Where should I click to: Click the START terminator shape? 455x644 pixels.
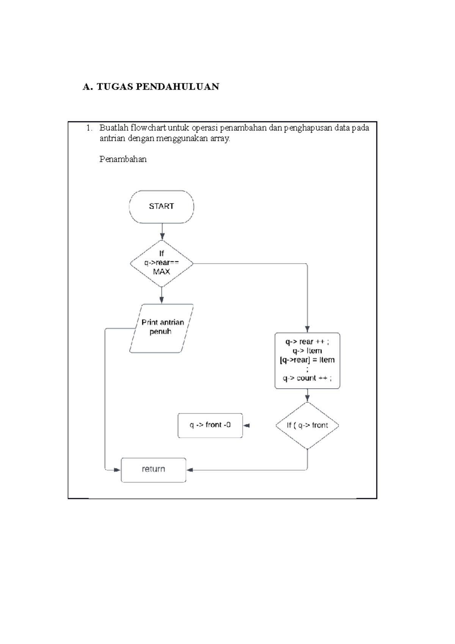pos(162,207)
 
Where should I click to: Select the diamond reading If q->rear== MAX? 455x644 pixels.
pos(162,263)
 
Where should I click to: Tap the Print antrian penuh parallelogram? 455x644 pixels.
pos(162,328)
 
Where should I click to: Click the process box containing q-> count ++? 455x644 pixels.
pos(307,361)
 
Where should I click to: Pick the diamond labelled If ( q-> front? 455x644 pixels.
pos(307,426)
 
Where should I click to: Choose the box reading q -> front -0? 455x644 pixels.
pos(210,426)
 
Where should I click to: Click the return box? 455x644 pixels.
pos(154,470)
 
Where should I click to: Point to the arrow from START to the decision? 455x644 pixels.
pos(162,231)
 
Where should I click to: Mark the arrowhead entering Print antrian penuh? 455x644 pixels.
pos(162,300)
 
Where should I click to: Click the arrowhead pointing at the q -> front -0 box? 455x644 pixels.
pos(246,426)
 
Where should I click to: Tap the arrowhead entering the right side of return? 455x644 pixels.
pos(190,470)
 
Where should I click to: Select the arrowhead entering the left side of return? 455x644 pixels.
pos(117,470)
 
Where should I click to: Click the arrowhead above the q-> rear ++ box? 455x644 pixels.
pos(307,329)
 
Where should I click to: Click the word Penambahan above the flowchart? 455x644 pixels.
pos(123,159)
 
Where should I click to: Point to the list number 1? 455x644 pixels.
pos(89,128)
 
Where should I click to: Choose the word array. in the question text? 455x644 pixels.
pos(220,138)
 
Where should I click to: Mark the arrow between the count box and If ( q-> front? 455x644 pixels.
pos(307,396)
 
